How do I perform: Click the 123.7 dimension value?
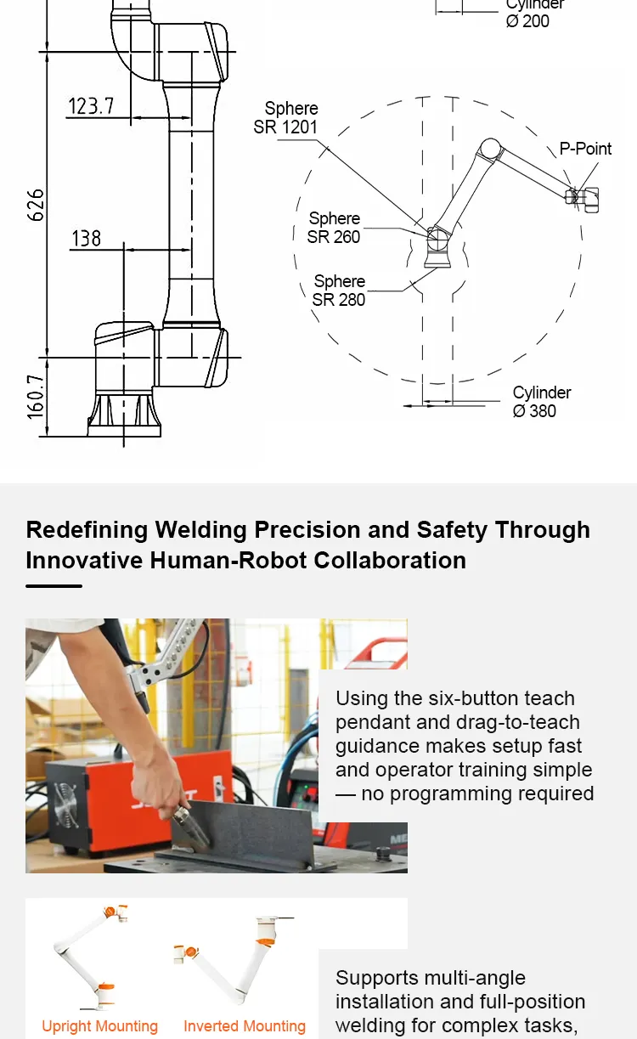[91, 106]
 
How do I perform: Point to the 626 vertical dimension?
[36, 205]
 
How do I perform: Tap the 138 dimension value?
[87, 239]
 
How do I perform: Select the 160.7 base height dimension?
[36, 397]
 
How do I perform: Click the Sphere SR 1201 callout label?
[285, 118]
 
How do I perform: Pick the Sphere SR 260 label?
[334, 228]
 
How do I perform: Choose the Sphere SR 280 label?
[339, 291]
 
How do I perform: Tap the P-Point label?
[585, 149]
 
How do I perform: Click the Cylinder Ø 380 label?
[542, 402]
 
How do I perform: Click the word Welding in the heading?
[200, 530]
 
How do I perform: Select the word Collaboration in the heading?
[390, 561]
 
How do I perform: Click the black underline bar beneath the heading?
[54, 586]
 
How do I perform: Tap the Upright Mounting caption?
[100, 1025]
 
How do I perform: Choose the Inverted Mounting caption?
[245, 1025]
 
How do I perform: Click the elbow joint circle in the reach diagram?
[490, 150]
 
